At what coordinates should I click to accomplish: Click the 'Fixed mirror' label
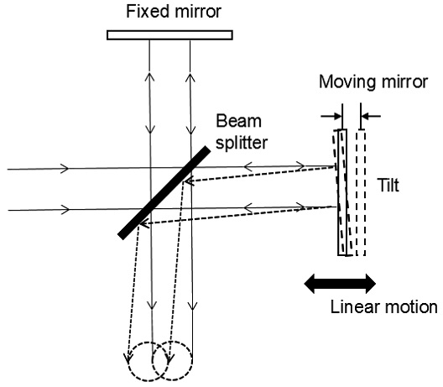pos(169,13)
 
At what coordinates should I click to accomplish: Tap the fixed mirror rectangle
pos(170,34)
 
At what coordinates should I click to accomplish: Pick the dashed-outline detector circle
pos(175,361)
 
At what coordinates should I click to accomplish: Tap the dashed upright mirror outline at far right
pos(359,192)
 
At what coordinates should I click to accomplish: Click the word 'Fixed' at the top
pos(143,13)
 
